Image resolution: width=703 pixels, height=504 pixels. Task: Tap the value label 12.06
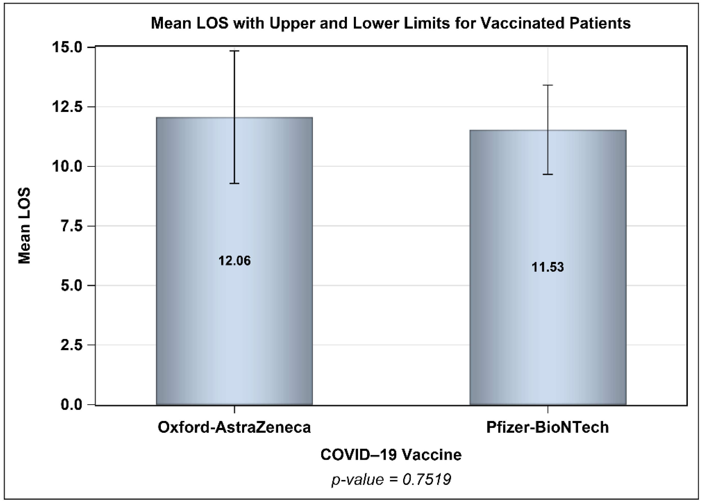click(x=234, y=261)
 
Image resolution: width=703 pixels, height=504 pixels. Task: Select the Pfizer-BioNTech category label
click(x=547, y=427)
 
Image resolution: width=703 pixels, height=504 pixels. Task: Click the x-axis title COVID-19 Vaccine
click(x=391, y=455)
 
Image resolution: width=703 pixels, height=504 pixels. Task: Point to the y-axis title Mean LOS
click(x=24, y=225)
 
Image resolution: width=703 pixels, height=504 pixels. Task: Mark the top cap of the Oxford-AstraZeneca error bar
click(x=234, y=51)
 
